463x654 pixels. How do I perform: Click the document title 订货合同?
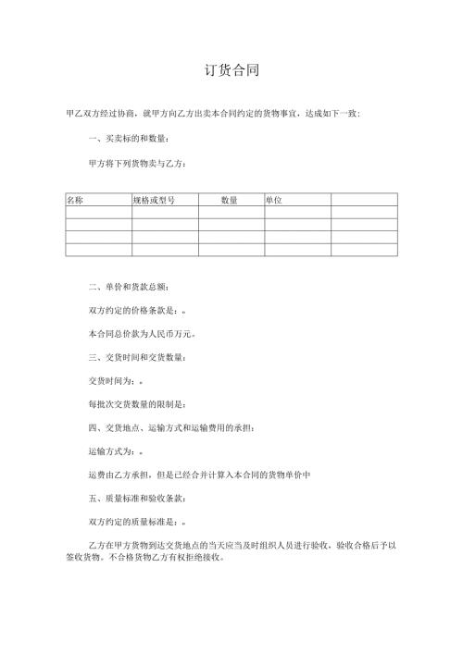tap(231, 70)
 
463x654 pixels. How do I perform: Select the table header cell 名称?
tap(76, 200)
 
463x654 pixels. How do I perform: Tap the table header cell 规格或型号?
tap(154, 200)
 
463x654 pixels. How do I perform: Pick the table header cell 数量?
tap(231, 200)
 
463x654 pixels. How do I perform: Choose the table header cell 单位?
tap(274, 200)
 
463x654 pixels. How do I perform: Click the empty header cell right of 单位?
tap(364, 200)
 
